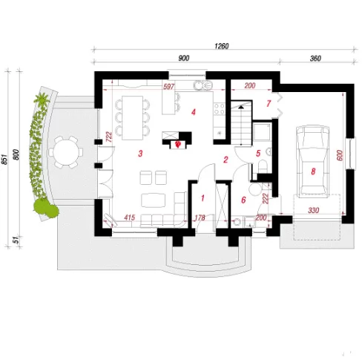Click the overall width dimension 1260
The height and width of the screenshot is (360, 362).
[x=222, y=46]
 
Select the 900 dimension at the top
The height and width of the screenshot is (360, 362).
[x=184, y=58]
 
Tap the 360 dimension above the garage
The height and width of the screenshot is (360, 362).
[x=315, y=59]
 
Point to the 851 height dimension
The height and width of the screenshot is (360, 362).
[x=5, y=160]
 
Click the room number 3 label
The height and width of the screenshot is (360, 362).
[x=140, y=154]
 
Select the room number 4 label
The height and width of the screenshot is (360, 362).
[x=194, y=112]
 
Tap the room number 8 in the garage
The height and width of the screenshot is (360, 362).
[x=313, y=171]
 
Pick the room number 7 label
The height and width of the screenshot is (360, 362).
[x=269, y=103]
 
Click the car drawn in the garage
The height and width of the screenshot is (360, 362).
[x=313, y=162]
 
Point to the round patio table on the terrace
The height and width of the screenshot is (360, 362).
[x=65, y=152]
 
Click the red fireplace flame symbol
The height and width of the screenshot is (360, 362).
[x=177, y=145]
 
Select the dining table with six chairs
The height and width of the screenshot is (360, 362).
[x=132, y=117]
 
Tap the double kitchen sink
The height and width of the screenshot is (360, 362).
[x=203, y=85]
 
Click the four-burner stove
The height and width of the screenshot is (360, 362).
[x=220, y=109]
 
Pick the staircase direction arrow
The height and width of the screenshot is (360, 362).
[x=241, y=107]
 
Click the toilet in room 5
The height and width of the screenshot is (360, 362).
[x=263, y=166]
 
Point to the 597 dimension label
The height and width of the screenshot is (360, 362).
[x=168, y=87]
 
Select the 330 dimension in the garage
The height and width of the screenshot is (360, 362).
[x=313, y=210]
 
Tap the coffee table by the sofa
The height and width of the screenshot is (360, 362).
[x=154, y=200]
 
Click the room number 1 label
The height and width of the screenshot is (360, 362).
[x=203, y=198]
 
